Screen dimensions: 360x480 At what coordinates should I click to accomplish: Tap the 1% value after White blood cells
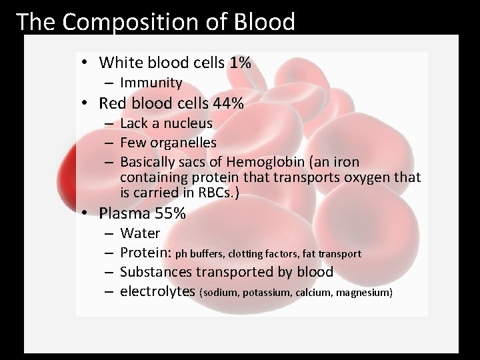[x=239, y=63]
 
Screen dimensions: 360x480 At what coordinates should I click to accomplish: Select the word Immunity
[x=151, y=83]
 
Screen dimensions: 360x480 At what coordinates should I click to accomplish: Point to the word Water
[x=140, y=233]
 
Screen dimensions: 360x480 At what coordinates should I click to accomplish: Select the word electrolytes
[x=158, y=291]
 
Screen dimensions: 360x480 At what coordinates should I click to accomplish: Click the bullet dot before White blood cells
[x=87, y=64]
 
